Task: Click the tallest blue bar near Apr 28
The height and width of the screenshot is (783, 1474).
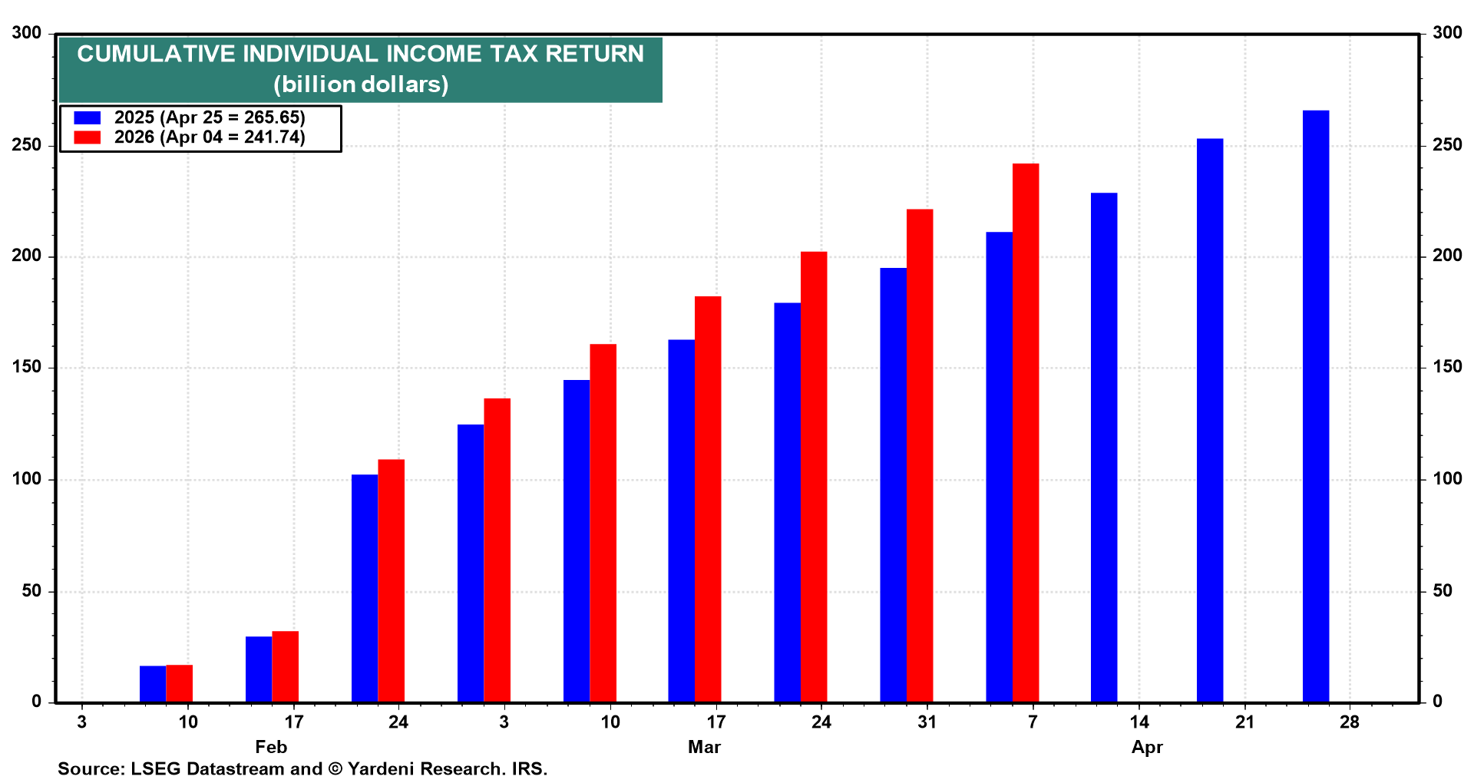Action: (1315, 407)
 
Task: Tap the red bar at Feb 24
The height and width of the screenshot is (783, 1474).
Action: (391, 580)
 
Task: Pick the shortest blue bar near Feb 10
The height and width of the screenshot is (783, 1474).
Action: (153, 683)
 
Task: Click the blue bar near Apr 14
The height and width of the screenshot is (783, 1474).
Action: (1103, 447)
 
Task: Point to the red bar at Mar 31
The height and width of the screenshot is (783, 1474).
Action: (920, 455)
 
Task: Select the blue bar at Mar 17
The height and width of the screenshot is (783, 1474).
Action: (681, 520)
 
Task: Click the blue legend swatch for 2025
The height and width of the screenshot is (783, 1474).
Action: (87, 117)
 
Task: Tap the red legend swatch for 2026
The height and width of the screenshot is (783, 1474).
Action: (87, 137)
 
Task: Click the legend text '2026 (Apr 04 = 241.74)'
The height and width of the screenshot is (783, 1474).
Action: (210, 137)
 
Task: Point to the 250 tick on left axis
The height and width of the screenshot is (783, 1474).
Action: (27, 145)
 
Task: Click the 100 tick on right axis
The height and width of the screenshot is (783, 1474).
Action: (1446, 479)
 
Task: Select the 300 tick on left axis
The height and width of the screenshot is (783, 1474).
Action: (27, 33)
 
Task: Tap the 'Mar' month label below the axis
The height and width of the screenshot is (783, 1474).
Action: (704, 747)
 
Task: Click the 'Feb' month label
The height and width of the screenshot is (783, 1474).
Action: (271, 747)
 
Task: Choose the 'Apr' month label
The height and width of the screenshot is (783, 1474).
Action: (1147, 747)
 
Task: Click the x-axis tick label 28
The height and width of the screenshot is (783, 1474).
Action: (1349, 722)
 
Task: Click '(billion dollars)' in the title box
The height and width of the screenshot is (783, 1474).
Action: (361, 84)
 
